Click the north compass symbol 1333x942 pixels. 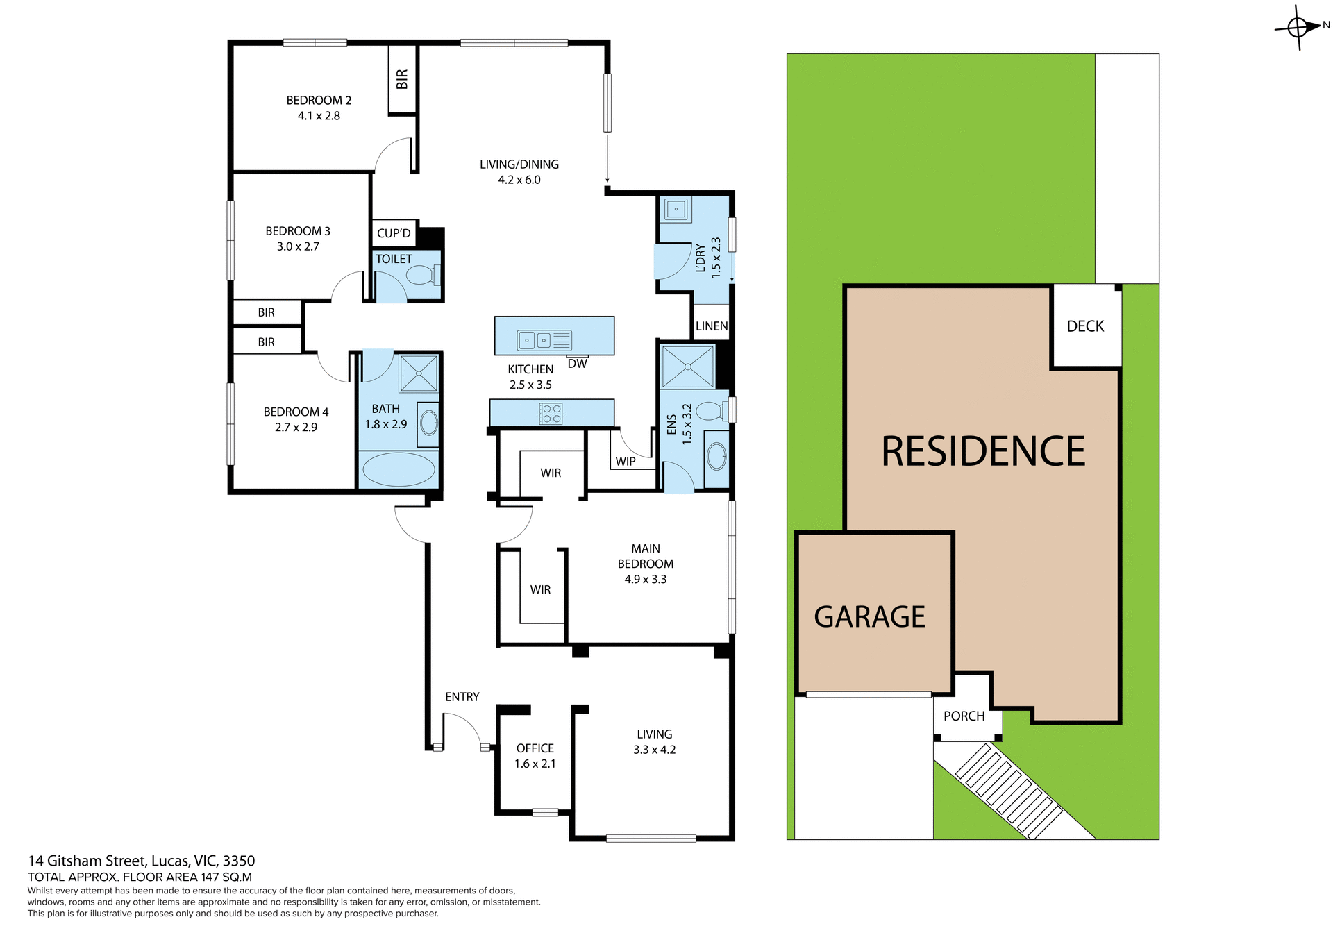[x=1298, y=28]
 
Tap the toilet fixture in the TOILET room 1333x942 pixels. [x=422, y=276]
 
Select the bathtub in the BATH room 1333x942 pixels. [x=399, y=469]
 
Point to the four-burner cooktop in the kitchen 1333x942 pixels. [x=551, y=414]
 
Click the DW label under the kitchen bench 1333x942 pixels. [x=577, y=364]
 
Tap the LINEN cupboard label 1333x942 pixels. [x=712, y=326]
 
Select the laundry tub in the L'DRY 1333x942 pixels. [x=676, y=209]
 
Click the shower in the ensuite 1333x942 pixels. [x=687, y=367]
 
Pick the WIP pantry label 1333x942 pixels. [x=625, y=461]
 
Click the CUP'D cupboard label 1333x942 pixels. [x=394, y=233]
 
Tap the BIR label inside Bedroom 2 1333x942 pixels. [x=402, y=79]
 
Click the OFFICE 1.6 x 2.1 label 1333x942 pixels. [x=535, y=755]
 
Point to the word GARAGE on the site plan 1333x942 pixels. [x=869, y=616]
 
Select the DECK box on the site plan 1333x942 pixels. [x=1086, y=326]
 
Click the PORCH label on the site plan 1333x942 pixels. [x=964, y=716]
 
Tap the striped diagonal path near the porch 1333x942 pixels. [x=1010, y=791]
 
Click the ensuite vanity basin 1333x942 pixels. [x=716, y=457]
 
